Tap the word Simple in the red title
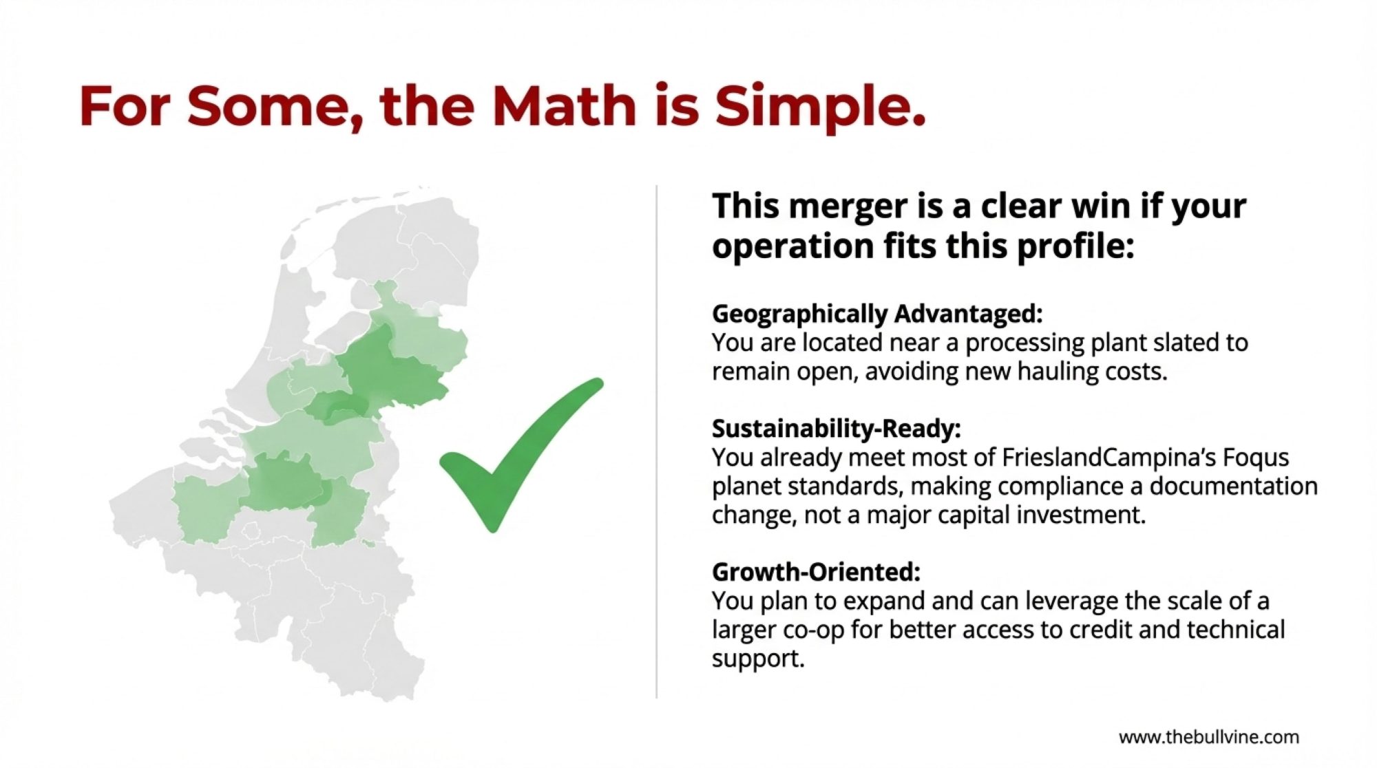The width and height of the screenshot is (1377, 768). coord(820,107)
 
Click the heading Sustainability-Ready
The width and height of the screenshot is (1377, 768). coord(837,429)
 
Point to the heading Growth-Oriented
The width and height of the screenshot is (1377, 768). coord(816,572)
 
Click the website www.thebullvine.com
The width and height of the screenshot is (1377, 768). coord(1209,738)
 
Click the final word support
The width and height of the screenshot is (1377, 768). coord(758,659)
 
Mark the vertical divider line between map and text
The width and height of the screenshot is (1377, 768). coord(657,442)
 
